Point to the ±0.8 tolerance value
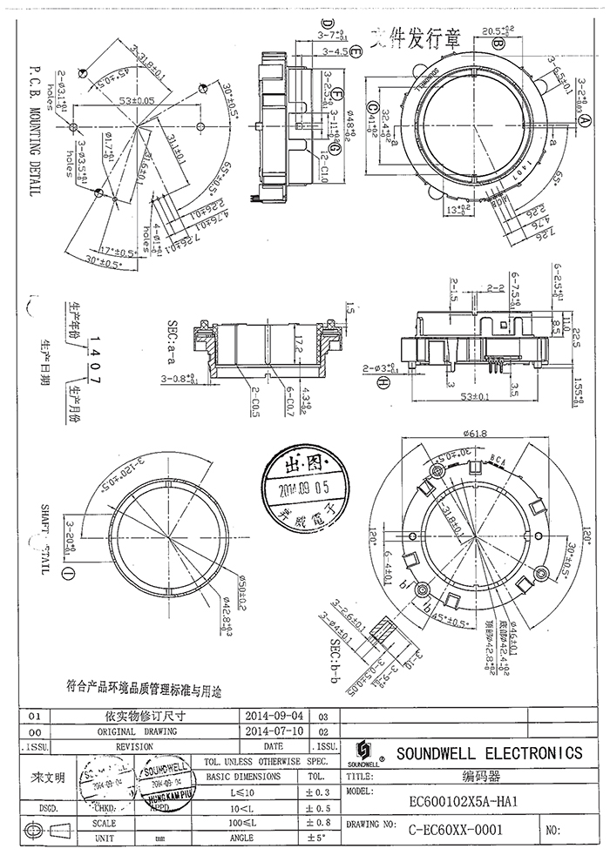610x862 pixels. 317,822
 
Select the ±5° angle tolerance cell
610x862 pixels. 317,838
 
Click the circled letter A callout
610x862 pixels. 576,123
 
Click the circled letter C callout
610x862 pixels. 372,108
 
